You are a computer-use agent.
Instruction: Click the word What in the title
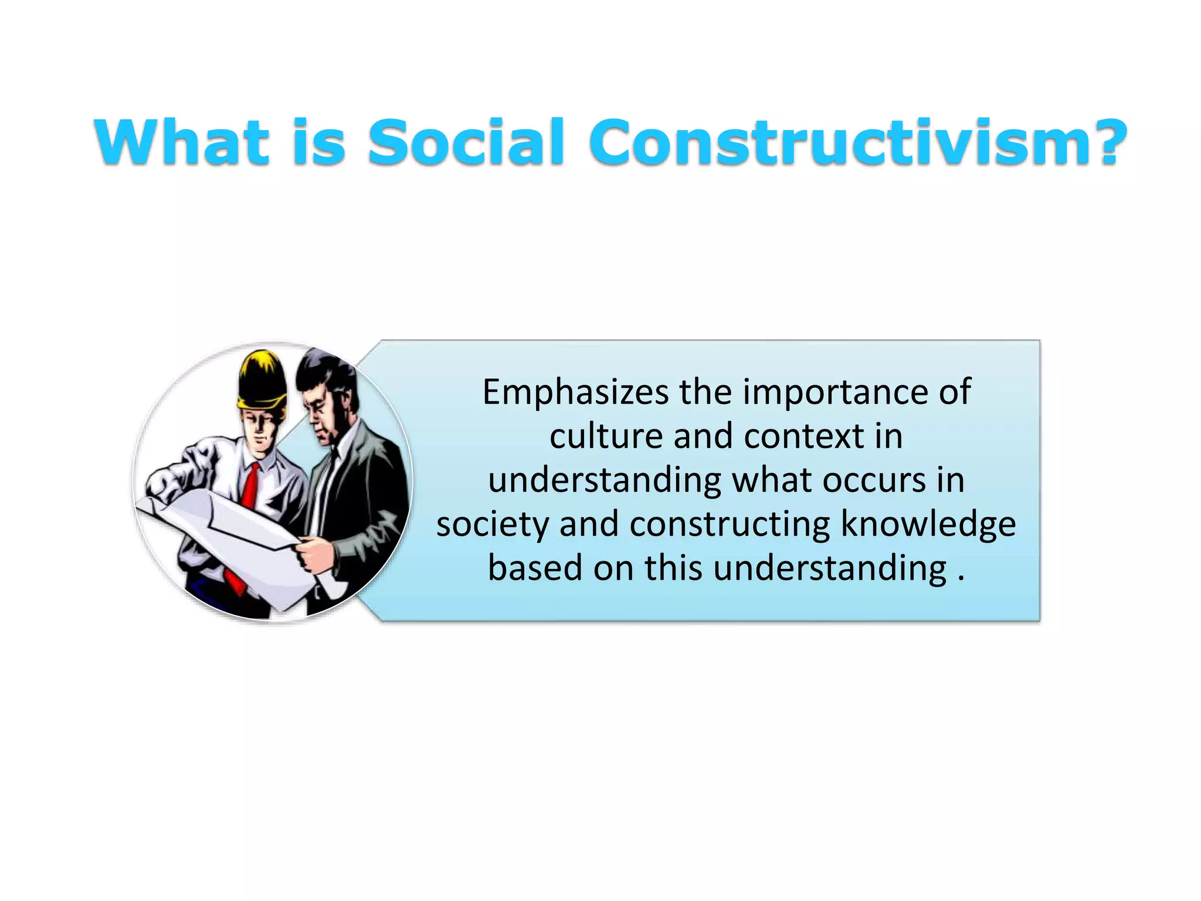(181, 142)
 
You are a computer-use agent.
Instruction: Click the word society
(491, 524)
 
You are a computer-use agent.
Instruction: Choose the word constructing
(730, 524)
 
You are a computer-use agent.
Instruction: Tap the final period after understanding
(961, 578)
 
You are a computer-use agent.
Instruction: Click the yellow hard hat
(262, 381)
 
